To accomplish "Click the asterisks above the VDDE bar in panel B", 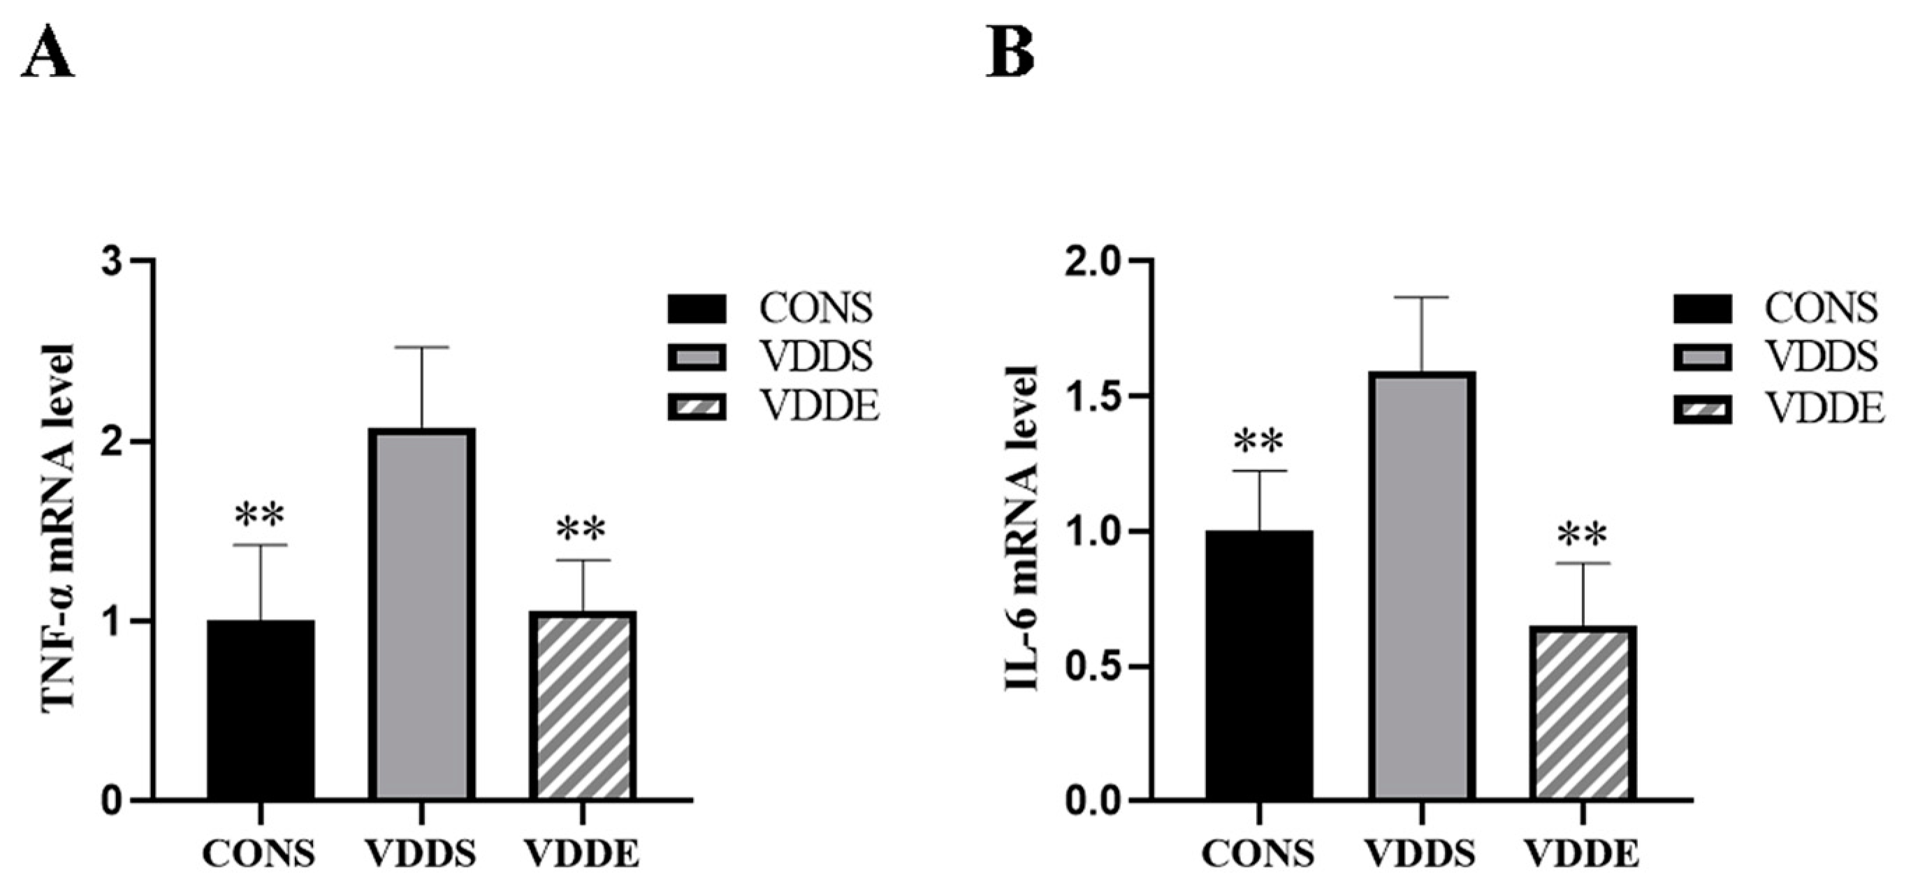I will point(1583,534).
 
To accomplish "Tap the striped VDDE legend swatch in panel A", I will point(696,408).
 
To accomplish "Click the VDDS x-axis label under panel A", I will point(421,855).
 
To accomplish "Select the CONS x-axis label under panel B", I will point(1259,855).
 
